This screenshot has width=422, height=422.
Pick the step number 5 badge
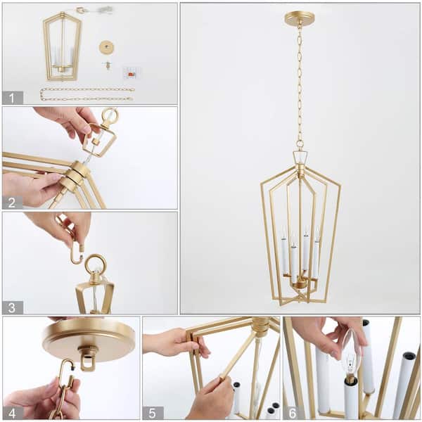click(x=153, y=413)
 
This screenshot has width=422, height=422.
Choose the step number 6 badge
click(x=293, y=413)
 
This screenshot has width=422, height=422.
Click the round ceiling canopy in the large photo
click(x=300, y=18)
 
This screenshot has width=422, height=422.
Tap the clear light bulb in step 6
click(x=350, y=361)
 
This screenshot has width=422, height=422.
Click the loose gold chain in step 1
click(x=87, y=94)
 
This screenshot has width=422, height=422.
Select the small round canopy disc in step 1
click(x=107, y=47)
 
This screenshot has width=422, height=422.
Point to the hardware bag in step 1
click(x=131, y=72)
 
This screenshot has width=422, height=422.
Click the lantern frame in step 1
click(x=62, y=46)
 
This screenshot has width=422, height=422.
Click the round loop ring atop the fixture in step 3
click(x=96, y=264)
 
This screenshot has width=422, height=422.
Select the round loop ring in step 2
click(x=110, y=115)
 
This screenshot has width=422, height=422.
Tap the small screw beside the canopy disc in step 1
click(x=108, y=65)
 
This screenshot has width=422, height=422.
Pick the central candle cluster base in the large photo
click(x=300, y=282)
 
